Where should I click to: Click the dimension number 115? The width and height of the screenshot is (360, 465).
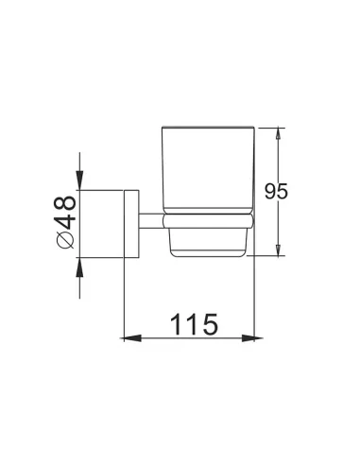194,323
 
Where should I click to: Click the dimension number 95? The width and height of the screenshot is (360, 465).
276,191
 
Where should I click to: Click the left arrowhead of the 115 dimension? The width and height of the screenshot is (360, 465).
130,338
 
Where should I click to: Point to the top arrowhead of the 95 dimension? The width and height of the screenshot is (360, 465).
278,136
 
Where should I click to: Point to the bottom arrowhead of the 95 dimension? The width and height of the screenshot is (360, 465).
278,249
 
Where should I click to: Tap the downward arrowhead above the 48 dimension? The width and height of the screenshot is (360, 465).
80,181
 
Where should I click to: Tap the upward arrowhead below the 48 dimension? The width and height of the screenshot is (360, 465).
80,267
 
